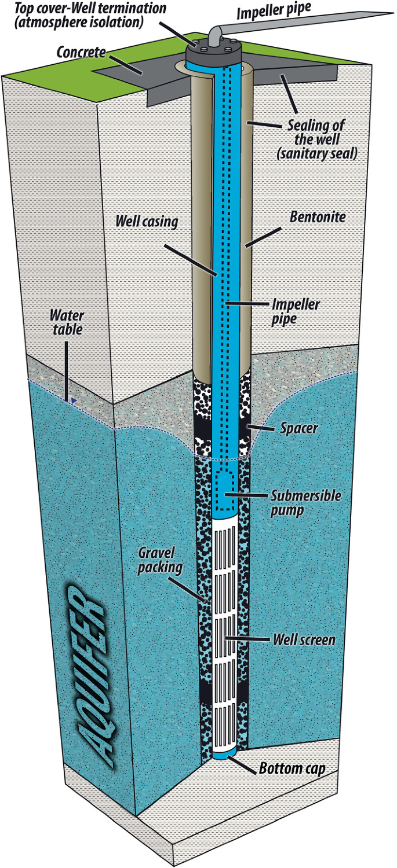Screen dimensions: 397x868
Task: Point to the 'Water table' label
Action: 67,323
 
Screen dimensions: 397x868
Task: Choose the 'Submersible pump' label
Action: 307,502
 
